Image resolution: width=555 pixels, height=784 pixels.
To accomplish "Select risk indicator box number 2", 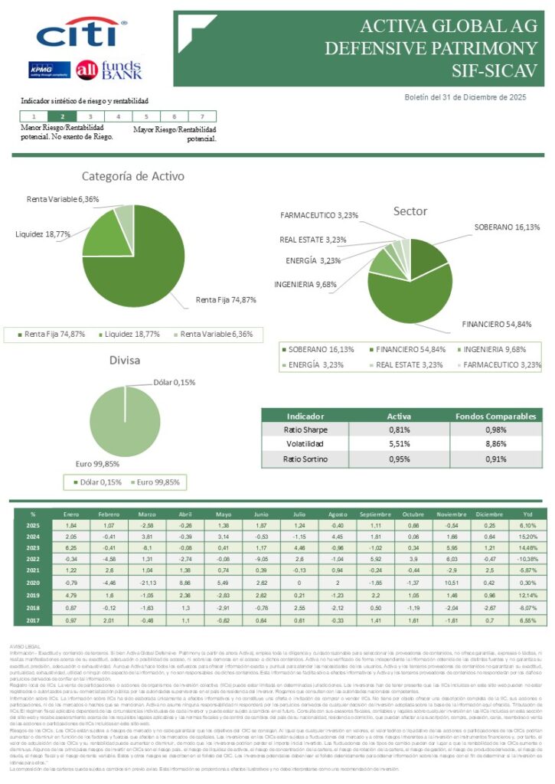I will [x=62, y=116].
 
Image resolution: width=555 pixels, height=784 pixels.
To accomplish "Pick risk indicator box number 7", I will [x=201, y=116].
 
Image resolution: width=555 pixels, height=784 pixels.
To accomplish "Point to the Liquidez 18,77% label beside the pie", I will [x=43, y=234].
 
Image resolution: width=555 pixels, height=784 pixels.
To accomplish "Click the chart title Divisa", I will [x=124, y=361].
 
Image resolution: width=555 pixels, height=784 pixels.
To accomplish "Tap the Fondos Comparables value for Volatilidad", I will [x=495, y=444].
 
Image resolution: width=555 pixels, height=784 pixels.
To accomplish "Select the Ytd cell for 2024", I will [x=527, y=537].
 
